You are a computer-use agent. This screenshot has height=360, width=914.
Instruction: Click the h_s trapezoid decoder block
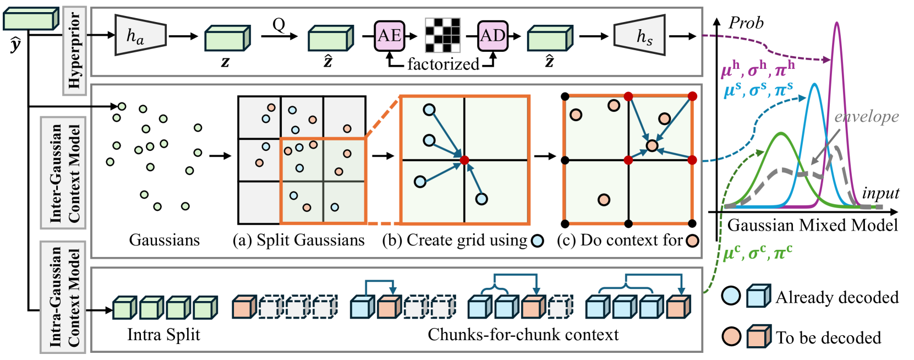tap(639, 36)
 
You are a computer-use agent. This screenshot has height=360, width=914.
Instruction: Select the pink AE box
tap(389, 36)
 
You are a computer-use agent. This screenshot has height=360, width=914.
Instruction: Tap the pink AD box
tap(492, 36)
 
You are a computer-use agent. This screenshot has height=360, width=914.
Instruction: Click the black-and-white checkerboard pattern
tap(442, 35)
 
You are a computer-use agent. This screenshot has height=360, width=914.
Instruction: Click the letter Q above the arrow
tap(279, 24)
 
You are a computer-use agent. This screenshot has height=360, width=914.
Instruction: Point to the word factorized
tap(443, 64)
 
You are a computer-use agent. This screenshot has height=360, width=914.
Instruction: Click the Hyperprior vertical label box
tap(74, 51)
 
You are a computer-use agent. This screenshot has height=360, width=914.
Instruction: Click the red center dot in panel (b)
tap(464, 160)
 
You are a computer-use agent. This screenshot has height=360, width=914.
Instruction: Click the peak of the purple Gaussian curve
tap(836, 23)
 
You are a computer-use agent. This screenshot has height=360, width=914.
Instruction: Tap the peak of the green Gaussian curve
tap(780, 134)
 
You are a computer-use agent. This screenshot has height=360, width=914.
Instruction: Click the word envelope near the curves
tap(866, 117)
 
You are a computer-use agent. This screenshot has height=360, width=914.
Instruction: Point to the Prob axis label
tap(746, 23)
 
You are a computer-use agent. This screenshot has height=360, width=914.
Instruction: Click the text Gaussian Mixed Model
tap(812, 225)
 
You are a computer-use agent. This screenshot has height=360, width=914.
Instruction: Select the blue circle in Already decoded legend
tap(731, 296)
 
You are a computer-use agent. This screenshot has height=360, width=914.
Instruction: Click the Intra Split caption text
tap(163, 335)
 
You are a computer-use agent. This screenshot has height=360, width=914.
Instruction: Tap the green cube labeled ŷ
tap(30, 19)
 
